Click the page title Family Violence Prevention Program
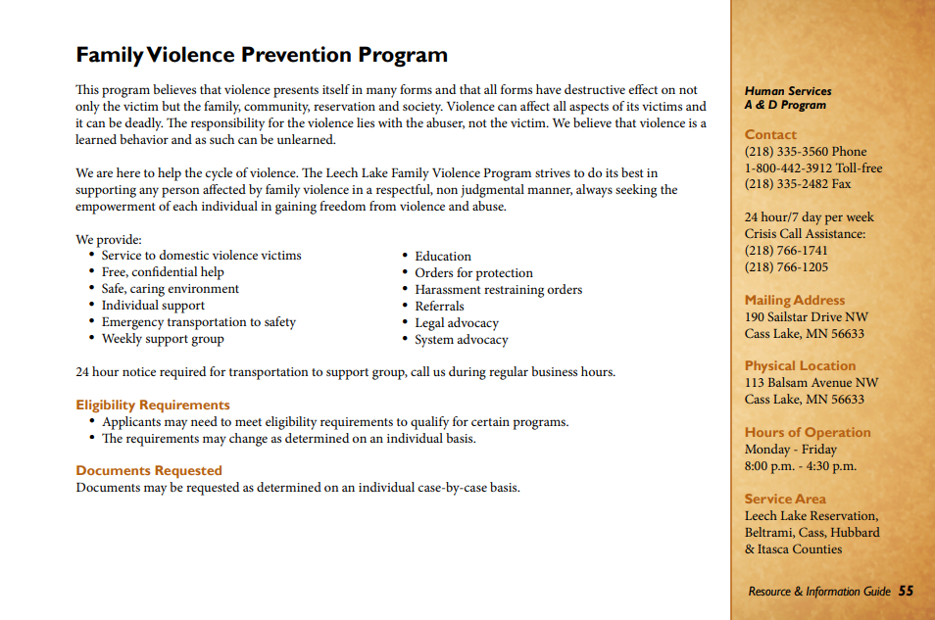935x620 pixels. coord(262,55)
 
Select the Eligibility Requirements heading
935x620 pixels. coord(153,405)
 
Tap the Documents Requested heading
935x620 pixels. coord(149,470)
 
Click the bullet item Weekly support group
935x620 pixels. coord(163,339)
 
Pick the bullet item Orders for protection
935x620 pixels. coord(473,273)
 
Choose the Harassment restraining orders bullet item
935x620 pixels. coord(498,290)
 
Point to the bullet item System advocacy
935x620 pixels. coord(461,340)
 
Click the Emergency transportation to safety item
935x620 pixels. coord(198,322)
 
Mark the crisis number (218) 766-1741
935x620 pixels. coord(786,251)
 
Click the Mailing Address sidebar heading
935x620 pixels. coord(794,301)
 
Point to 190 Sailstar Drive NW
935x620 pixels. coord(806,317)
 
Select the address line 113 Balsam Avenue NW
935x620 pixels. coord(812,383)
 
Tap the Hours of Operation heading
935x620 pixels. coord(808,432)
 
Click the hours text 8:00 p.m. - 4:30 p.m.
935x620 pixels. coord(800,466)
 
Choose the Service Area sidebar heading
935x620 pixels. coord(784,499)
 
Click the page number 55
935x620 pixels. coord(907,591)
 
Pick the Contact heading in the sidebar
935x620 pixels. coord(770,135)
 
